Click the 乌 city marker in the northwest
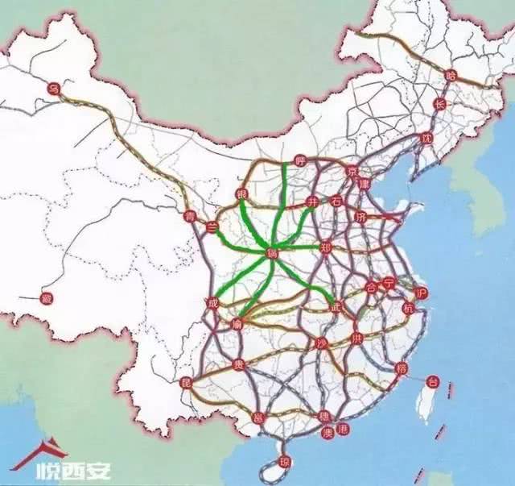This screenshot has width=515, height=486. (x=54, y=88)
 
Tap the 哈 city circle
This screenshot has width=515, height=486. (x=450, y=75)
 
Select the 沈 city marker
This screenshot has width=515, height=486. (x=426, y=138)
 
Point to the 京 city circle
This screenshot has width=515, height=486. (x=351, y=172)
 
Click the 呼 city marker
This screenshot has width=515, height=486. (x=301, y=160)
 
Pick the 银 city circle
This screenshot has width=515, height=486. (x=241, y=195)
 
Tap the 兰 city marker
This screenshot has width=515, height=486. (x=212, y=226)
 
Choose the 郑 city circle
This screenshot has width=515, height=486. (x=325, y=247)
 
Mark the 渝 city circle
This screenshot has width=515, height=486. (x=237, y=323)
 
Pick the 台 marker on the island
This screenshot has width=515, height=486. (x=431, y=380)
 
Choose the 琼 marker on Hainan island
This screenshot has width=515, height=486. (x=282, y=462)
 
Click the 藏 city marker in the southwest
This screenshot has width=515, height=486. (x=47, y=298)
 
